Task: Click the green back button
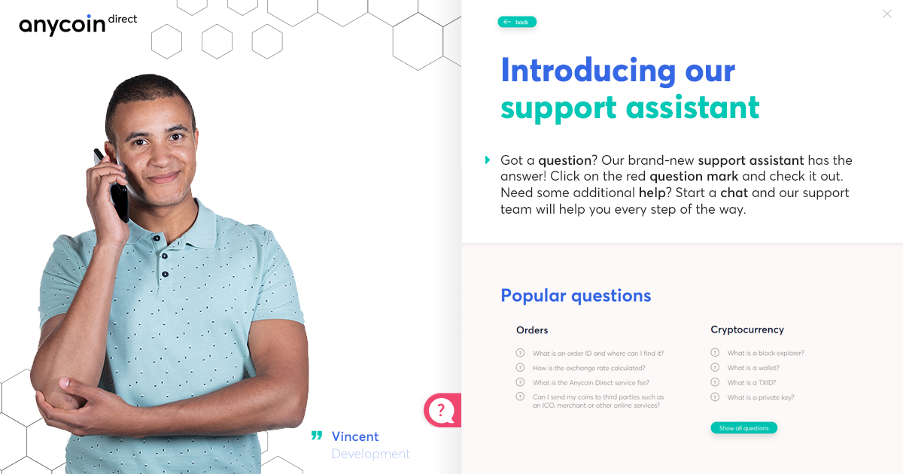point(517,22)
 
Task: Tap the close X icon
point(887,14)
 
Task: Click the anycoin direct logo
point(78,24)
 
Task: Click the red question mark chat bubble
point(442,410)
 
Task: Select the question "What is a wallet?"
point(753,368)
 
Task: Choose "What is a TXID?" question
point(752,382)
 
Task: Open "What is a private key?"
point(761,397)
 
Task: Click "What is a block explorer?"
point(765,353)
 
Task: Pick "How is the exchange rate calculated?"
point(589,368)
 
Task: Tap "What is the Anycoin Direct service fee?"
point(591,382)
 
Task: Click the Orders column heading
point(532,330)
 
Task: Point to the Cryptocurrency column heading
point(747,330)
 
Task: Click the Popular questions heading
point(576,296)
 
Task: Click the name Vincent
point(355,436)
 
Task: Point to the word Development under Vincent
point(371,454)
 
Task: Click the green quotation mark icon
point(317,436)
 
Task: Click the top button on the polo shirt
point(157,239)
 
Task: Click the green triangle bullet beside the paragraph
point(488,160)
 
